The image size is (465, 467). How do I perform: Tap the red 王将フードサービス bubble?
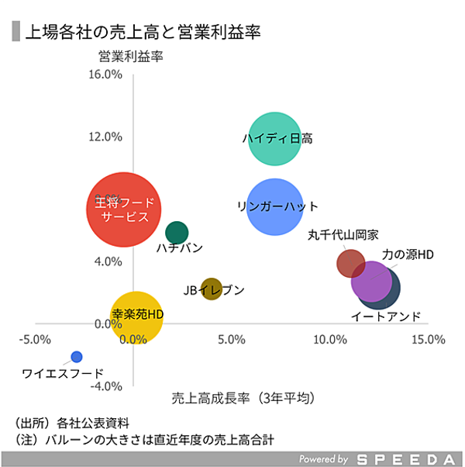tap(124, 209)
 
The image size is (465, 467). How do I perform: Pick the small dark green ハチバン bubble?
tap(177, 232)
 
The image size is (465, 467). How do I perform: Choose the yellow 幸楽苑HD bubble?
tap(136, 316)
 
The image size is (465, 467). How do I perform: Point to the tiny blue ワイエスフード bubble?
tap(76, 357)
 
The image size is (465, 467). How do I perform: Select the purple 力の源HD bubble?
tap(371, 281)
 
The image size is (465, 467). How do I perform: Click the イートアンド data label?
tap(386, 317)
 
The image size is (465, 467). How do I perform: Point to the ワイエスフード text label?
tap(62, 374)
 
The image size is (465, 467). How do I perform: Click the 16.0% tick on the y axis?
tap(107, 74)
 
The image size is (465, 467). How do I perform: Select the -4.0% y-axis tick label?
tap(107, 386)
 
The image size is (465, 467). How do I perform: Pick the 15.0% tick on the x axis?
tap(428, 340)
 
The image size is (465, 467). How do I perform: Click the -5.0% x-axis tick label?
tap(36, 340)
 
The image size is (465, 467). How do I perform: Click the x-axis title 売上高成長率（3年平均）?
tap(243, 398)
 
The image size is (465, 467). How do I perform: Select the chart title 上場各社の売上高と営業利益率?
tap(143, 32)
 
